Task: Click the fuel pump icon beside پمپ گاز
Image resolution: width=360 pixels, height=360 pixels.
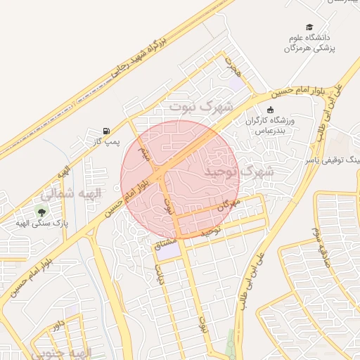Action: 105,131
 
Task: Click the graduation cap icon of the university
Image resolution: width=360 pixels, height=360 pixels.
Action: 311,25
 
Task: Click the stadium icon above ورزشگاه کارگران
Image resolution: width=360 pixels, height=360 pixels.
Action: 271,109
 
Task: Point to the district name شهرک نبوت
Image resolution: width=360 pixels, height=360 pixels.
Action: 200,106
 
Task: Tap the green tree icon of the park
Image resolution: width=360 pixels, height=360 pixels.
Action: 41,211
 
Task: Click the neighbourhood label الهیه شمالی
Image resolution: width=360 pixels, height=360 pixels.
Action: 72,192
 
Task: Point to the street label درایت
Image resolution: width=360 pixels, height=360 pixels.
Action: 160,273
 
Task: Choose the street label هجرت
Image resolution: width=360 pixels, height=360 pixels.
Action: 233,67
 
